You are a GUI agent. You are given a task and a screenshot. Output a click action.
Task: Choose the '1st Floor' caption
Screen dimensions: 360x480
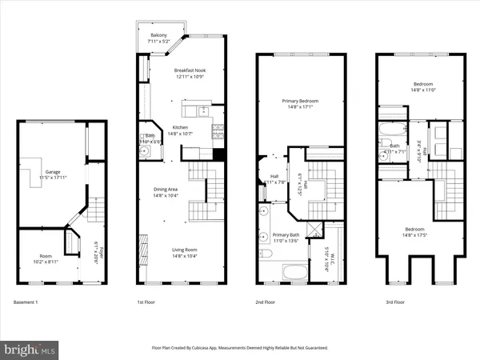[x=146, y=302]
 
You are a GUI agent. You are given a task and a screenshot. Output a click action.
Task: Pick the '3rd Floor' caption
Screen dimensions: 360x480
[x=386, y=302]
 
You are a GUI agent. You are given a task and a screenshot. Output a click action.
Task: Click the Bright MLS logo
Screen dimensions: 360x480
[x=30, y=350]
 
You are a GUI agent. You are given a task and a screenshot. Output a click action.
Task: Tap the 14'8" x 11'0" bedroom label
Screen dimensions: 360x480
[x=422, y=86]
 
